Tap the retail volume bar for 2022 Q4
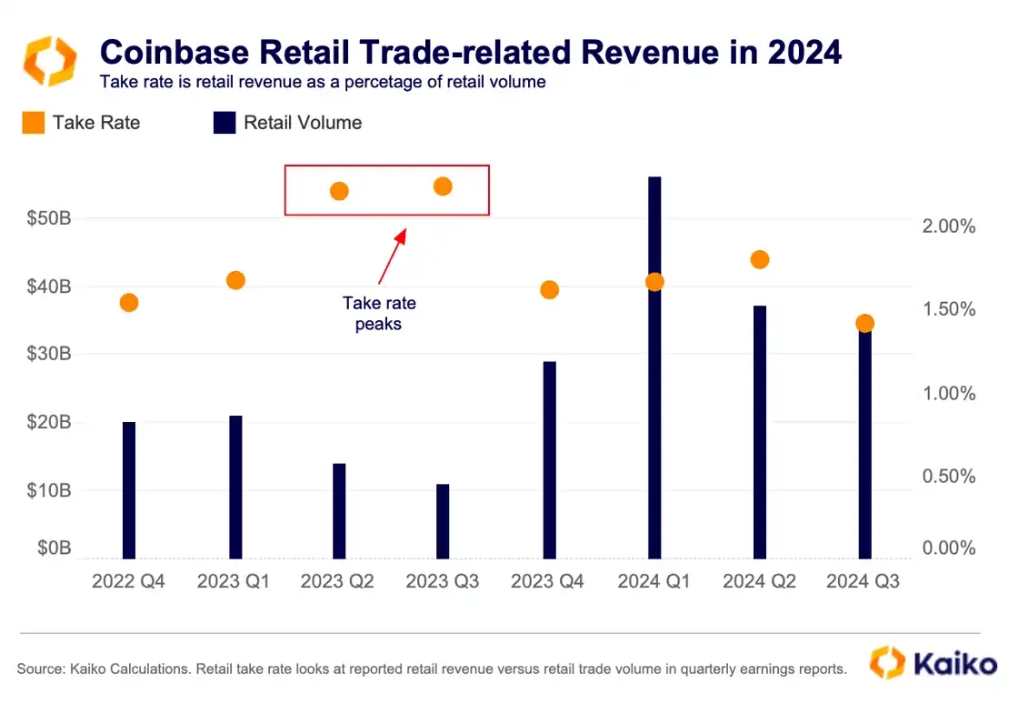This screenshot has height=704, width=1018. pos(129,490)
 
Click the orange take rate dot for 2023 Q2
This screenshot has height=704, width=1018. pos(339,191)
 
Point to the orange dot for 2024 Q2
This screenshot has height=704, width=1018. pos(760,260)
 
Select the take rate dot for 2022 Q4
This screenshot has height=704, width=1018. pos(129,303)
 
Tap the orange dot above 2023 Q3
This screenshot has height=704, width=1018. pos(443,186)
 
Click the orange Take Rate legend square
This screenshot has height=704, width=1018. pos(33,124)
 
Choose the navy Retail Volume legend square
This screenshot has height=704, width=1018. pos(224,124)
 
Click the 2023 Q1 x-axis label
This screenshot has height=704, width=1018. pos(234,581)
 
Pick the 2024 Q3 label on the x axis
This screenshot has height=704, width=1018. pos(863,581)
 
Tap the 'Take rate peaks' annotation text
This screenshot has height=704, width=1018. pos(378,313)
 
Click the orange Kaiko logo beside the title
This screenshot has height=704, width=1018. pos(49,61)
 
